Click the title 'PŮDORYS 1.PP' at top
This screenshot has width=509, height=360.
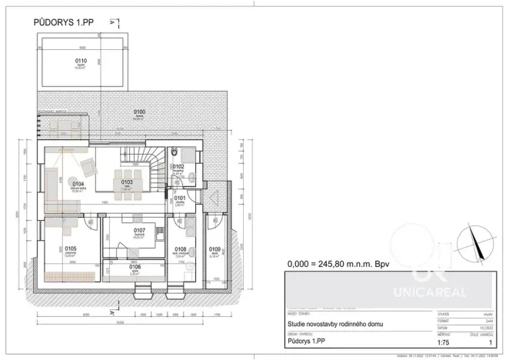[x=65, y=22]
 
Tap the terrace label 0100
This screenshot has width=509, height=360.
[x=140, y=113]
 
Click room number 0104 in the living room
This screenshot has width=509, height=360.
[x=78, y=184]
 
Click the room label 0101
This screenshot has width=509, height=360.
[x=180, y=199]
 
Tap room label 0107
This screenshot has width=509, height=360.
[x=139, y=231]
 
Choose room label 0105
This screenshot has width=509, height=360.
[x=71, y=249]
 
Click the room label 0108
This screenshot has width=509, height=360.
[x=181, y=250]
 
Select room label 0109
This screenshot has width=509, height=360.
[x=215, y=250]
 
